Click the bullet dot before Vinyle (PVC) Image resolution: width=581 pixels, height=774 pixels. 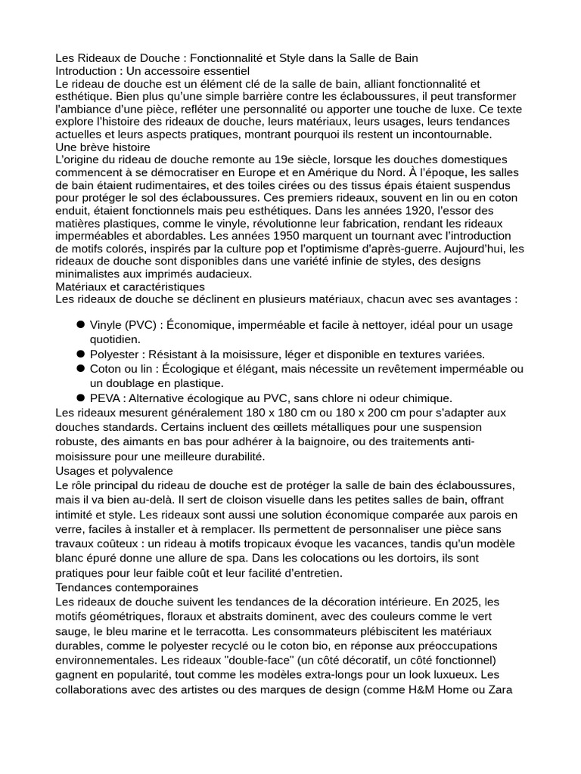[x=80, y=324]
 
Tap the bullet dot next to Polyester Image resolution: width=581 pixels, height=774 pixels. [x=80, y=354]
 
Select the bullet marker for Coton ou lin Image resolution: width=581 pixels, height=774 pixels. [x=80, y=368]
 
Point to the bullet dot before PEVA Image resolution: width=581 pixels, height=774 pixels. [x=80, y=398]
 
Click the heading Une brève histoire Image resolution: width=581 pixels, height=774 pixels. [x=103, y=147]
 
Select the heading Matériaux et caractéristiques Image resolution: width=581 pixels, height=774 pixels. [x=130, y=286]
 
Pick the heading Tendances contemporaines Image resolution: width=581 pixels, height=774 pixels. [x=127, y=587]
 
